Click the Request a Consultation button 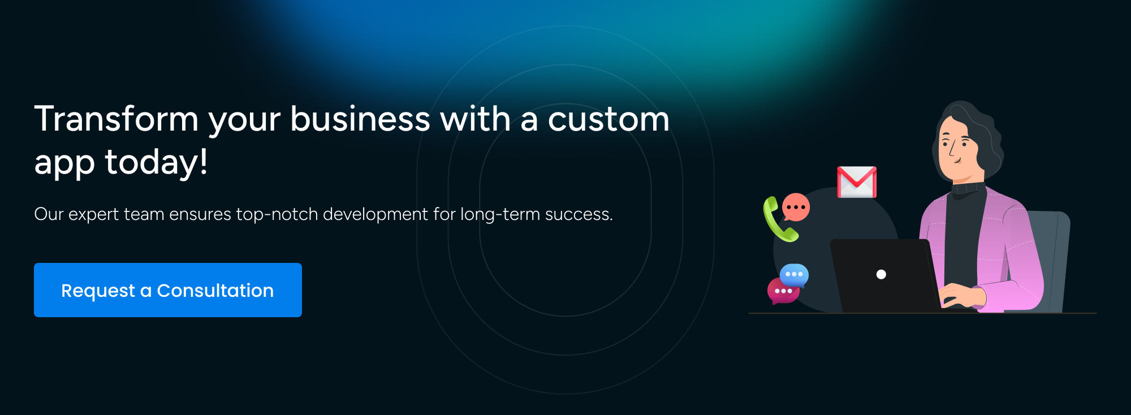pyautogui.click(x=168, y=290)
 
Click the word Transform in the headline pyautogui.click(x=116, y=119)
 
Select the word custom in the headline pyautogui.click(x=608, y=120)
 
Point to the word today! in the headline pyautogui.click(x=156, y=162)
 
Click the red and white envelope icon pyautogui.click(x=857, y=182)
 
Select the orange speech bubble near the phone pyautogui.click(x=796, y=207)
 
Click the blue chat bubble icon pyautogui.click(x=794, y=275)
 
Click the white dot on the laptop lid pyautogui.click(x=881, y=274)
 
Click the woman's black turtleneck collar pyautogui.click(x=968, y=188)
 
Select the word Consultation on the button pyautogui.click(x=215, y=291)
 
